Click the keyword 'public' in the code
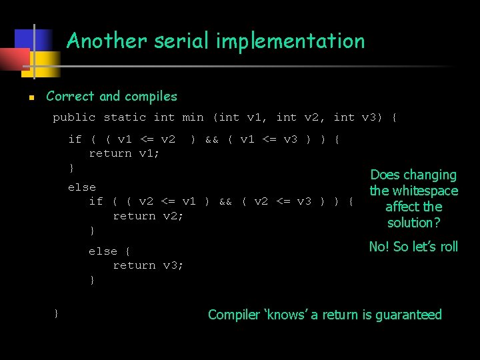coord(74,117)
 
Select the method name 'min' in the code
coord(193,117)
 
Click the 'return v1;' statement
coord(124,153)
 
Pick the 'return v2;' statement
coord(148,216)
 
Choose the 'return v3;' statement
coord(148,265)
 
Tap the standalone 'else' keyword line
coord(81,187)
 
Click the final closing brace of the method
coord(57,312)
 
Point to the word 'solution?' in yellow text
coord(414,223)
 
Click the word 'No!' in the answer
coord(379,247)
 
